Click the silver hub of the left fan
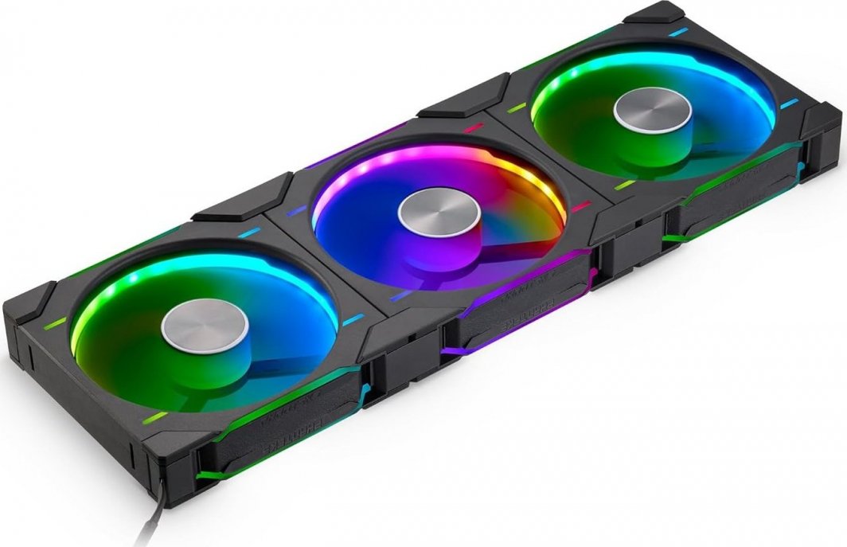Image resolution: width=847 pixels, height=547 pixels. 206,324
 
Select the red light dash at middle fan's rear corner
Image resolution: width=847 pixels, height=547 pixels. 474,127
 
